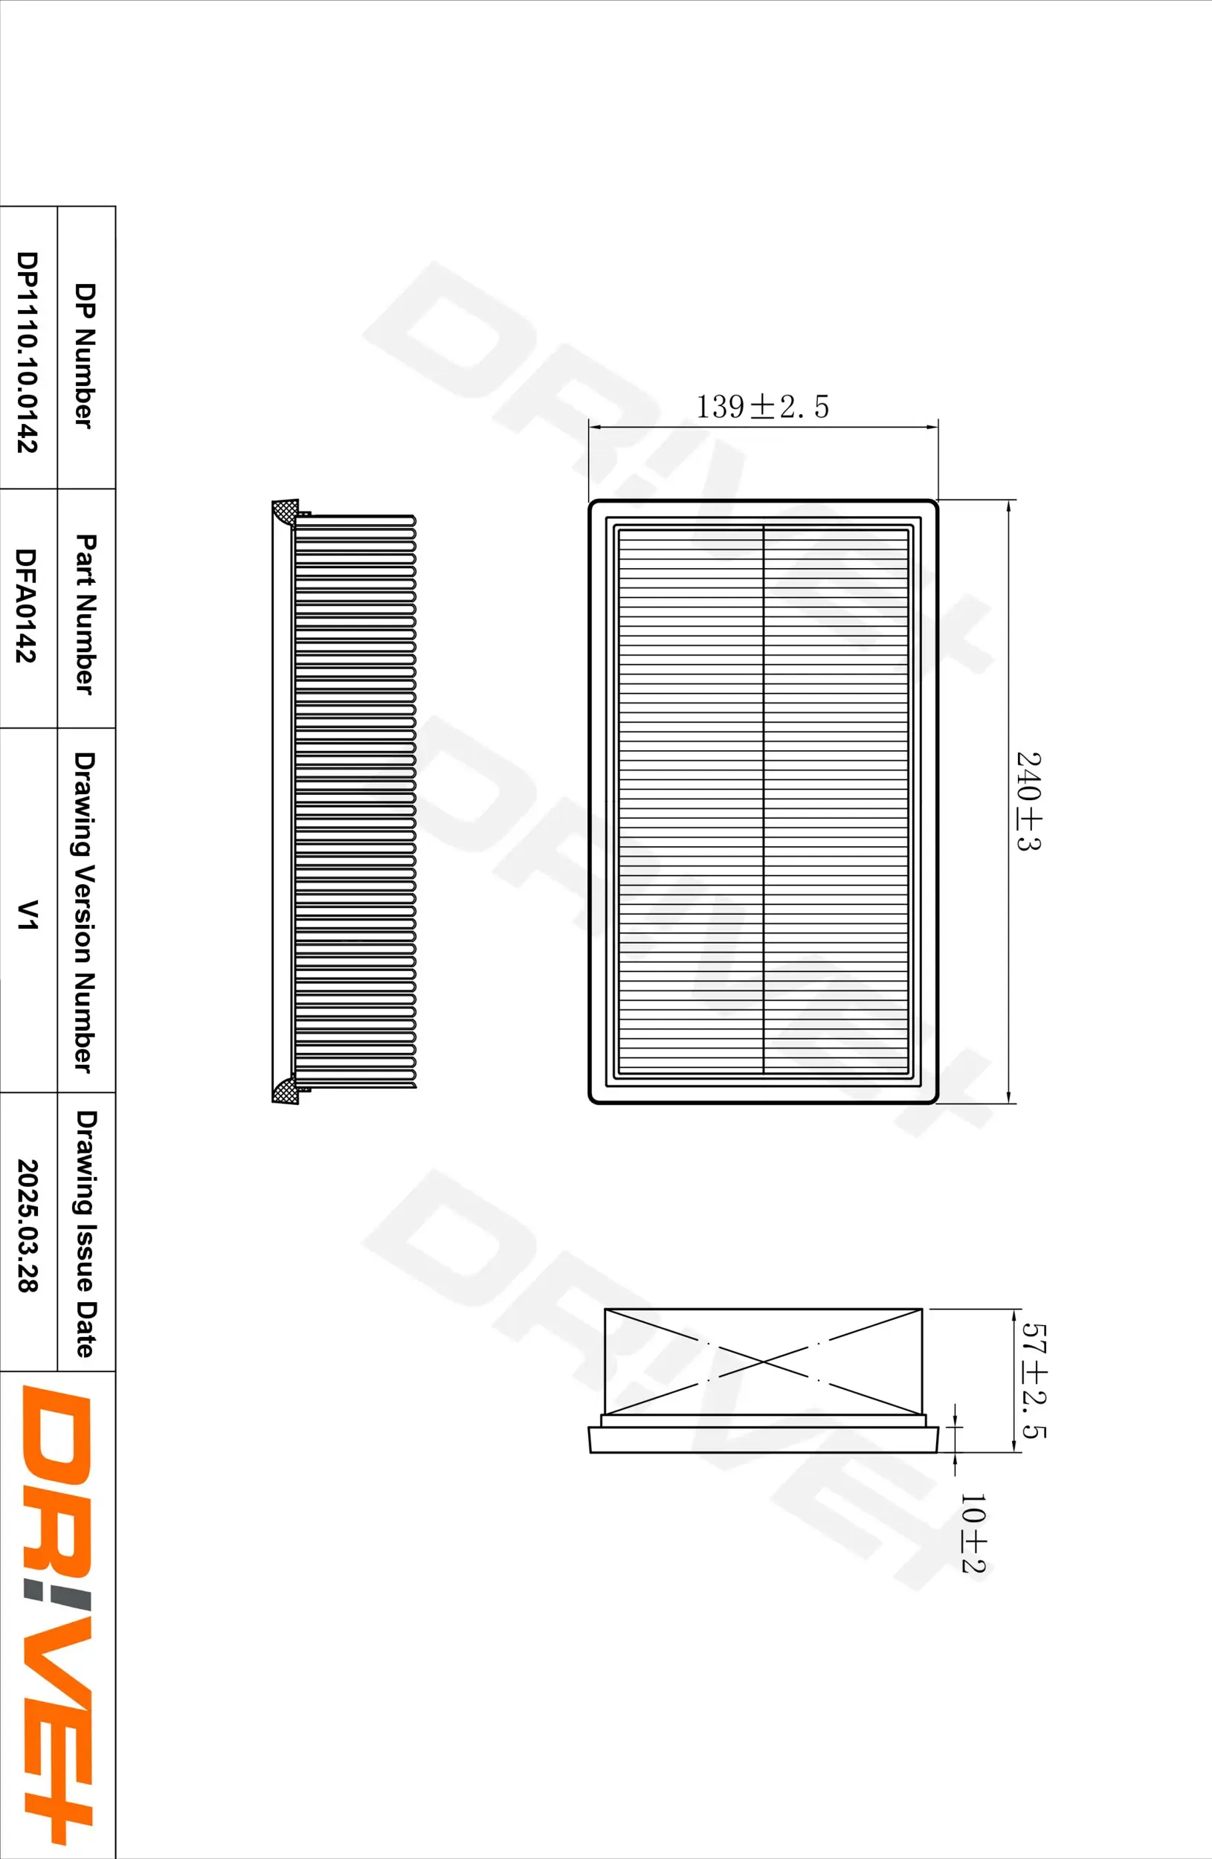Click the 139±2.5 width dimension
click(x=761, y=407)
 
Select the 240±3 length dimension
click(x=1028, y=801)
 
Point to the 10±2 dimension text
click(x=973, y=1533)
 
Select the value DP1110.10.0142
click(x=27, y=352)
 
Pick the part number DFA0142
click(x=27, y=605)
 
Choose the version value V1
click(x=27, y=914)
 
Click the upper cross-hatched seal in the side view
click(x=284, y=513)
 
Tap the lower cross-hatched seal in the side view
click(x=284, y=1089)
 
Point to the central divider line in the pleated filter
click(x=763, y=800)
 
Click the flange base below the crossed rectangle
click(x=763, y=1439)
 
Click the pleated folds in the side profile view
click(x=355, y=801)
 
